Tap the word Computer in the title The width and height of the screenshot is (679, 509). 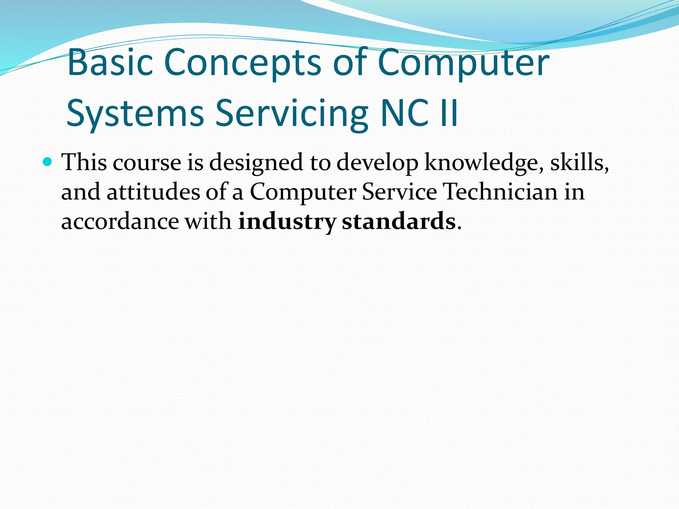463,62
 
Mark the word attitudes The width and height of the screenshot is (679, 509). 154,192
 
